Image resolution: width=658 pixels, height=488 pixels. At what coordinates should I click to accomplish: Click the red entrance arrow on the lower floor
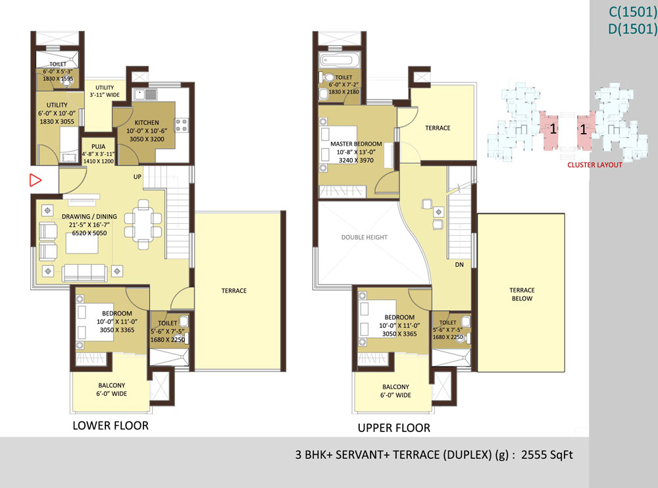click(x=36, y=180)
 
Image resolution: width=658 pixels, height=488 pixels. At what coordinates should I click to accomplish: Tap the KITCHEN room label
click(x=147, y=122)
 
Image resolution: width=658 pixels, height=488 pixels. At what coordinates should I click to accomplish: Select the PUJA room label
click(x=99, y=147)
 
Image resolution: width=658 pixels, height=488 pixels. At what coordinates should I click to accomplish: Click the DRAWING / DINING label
click(x=89, y=217)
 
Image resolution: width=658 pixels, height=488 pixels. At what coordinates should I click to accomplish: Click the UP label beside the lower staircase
click(x=138, y=176)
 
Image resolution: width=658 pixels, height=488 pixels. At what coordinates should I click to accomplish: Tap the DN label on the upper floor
click(x=459, y=265)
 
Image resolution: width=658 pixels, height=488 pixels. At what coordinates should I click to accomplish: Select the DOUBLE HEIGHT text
click(x=365, y=237)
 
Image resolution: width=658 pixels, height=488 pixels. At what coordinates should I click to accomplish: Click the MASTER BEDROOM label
click(x=356, y=144)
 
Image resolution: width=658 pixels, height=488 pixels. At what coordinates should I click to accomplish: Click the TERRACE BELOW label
click(x=522, y=294)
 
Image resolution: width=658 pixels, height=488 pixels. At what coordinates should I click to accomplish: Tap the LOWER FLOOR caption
click(x=111, y=425)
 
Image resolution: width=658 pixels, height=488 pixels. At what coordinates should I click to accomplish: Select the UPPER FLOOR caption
click(x=394, y=428)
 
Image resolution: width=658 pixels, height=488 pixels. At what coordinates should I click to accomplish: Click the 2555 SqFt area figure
click(x=547, y=455)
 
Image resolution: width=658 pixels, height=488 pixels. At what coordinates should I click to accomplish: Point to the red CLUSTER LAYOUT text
click(x=595, y=165)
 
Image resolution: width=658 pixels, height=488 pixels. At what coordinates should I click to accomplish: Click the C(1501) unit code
click(x=633, y=12)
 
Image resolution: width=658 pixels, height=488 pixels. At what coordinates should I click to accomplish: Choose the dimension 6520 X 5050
click(x=89, y=233)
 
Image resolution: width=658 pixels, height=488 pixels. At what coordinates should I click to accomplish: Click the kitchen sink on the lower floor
click(x=145, y=94)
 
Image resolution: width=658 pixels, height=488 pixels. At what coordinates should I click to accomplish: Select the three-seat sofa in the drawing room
click(x=84, y=273)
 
